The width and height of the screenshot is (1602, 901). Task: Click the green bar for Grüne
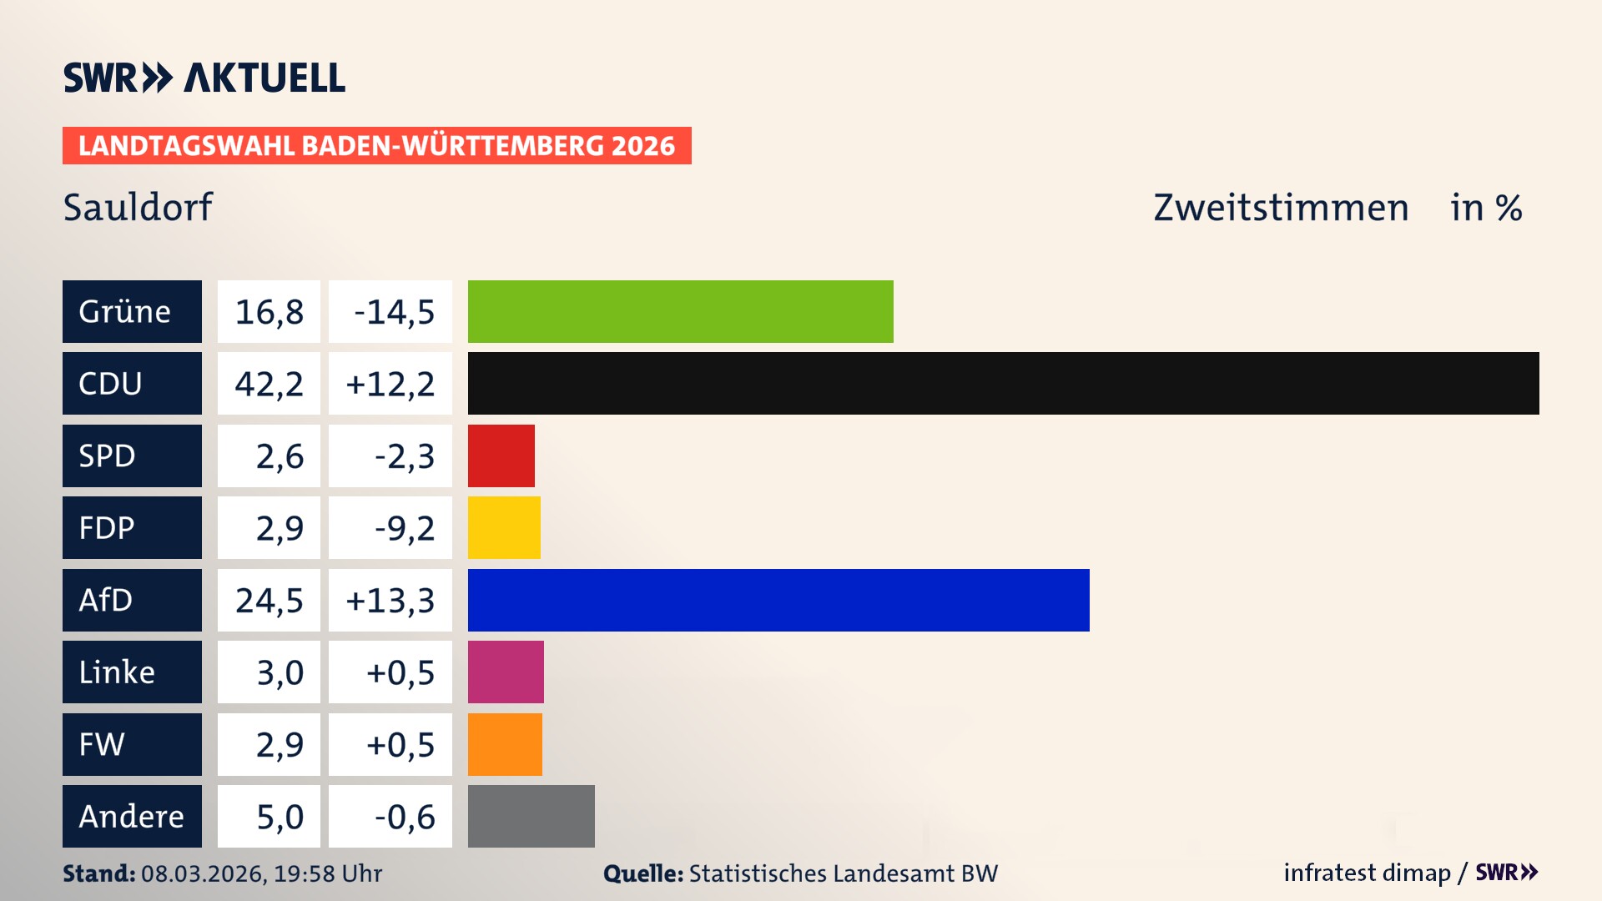click(680, 311)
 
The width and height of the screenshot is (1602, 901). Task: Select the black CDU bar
click(1003, 383)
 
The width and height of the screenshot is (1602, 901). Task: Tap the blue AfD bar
click(778, 600)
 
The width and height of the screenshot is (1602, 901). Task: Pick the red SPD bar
click(501, 456)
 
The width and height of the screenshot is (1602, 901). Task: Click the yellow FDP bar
click(504, 527)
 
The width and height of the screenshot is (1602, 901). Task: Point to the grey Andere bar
click(531, 816)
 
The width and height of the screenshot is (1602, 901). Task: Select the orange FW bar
click(505, 744)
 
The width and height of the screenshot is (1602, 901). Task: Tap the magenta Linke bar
click(506, 672)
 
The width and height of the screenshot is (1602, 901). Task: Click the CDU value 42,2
click(269, 383)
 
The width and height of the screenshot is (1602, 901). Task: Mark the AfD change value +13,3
click(390, 600)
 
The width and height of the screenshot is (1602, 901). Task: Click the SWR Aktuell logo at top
click(204, 78)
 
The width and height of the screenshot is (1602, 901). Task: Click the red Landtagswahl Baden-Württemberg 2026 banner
click(376, 145)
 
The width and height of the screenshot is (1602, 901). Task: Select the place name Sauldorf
click(138, 207)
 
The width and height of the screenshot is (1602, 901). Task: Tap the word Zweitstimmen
click(1281, 207)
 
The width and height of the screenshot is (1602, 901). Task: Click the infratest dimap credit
click(1367, 873)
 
